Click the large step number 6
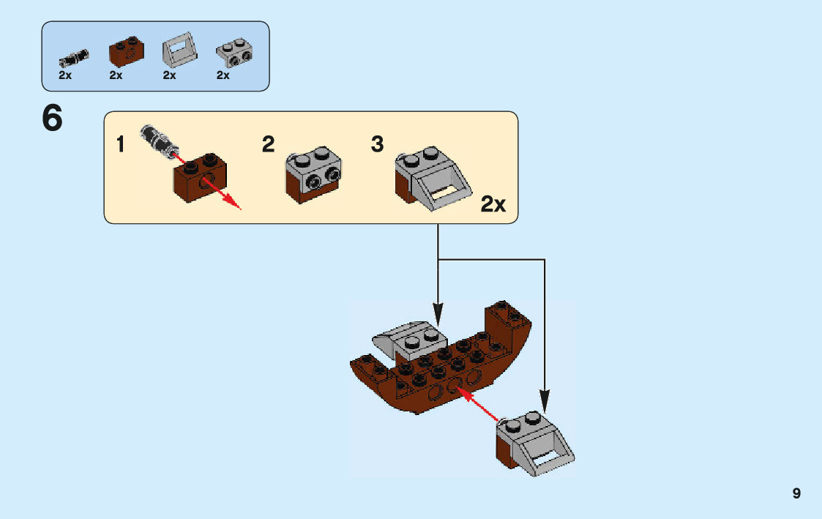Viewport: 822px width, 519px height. point(52,119)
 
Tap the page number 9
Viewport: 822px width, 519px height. point(796,493)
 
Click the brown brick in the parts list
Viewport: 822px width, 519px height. point(126,50)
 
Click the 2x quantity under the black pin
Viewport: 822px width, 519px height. point(66,75)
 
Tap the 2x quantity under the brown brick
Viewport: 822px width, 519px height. point(116,75)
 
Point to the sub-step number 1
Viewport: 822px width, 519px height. point(121,145)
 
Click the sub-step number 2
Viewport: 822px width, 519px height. point(269,144)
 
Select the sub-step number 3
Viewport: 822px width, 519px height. point(377,144)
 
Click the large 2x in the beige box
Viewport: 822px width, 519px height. point(493,204)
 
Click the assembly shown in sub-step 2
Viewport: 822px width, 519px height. point(314,175)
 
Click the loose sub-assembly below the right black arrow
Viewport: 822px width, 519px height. point(534,441)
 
